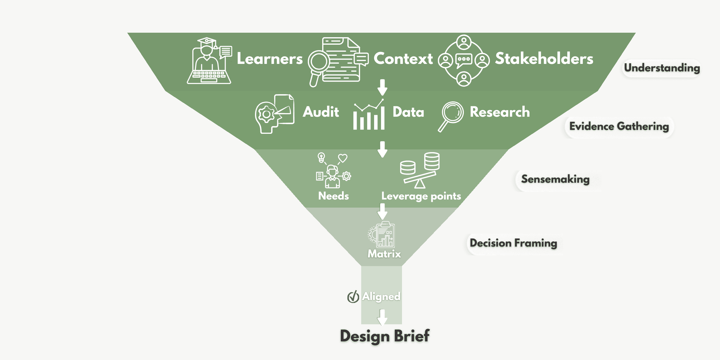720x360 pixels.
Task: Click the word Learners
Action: coord(269,58)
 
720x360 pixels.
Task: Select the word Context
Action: coord(403,58)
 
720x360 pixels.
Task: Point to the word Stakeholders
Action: coord(544,58)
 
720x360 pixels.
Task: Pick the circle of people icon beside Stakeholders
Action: coord(464,61)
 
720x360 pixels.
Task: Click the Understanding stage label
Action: coord(662,68)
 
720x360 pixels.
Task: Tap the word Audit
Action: coord(321,112)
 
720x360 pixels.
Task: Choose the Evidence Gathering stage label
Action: coord(619,127)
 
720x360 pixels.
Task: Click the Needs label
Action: coord(333,196)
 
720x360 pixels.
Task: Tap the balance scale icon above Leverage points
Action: coord(420,170)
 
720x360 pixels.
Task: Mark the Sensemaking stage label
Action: coord(555,179)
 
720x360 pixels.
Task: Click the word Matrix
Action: coord(384,254)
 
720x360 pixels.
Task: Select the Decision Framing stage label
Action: coord(513,243)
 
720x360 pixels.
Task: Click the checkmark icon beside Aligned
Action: coord(353,297)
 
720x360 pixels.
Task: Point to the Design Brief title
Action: coord(385,336)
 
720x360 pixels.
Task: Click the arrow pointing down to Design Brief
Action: coord(382,317)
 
